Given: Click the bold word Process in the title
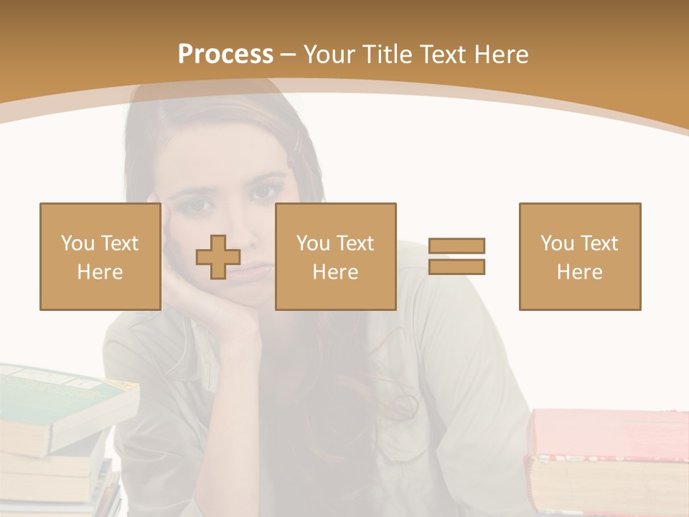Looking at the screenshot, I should [225, 55].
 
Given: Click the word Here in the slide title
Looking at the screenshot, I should [501, 55].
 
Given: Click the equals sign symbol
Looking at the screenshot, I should [456, 256].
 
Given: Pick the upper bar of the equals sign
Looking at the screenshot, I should [456, 246].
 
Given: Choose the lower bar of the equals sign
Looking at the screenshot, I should [456, 266].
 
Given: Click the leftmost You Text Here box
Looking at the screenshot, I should [100, 256].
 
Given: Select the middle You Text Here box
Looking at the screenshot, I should [335, 256].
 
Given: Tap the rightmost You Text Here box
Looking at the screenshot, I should [580, 256].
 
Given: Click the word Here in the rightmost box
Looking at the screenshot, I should [579, 271].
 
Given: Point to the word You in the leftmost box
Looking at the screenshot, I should [78, 243].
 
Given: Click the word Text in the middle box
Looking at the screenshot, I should [355, 243].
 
